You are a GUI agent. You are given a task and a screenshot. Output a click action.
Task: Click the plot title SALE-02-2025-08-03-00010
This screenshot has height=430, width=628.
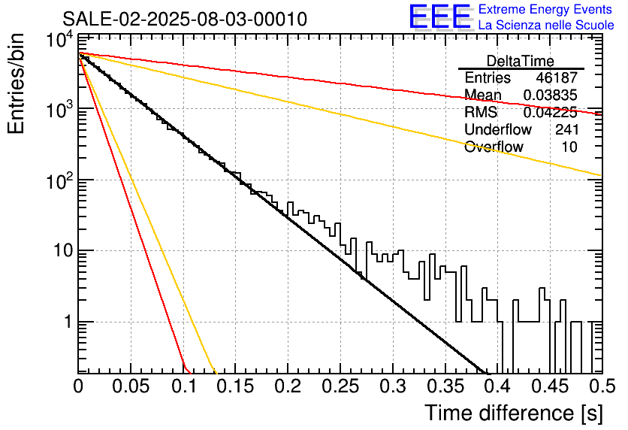185,19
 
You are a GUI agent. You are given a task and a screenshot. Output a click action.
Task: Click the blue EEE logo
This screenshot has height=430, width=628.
440,17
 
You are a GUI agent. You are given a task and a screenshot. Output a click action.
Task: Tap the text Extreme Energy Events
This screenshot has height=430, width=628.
545,9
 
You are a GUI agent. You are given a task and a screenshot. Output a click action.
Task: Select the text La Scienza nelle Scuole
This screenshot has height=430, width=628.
546,25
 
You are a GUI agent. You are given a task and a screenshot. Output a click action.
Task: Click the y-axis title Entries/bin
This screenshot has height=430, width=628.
16,84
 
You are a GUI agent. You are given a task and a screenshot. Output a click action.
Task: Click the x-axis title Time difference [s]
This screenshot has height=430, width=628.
514,413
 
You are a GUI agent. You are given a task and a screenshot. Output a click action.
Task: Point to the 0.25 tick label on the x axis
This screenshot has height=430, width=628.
340,386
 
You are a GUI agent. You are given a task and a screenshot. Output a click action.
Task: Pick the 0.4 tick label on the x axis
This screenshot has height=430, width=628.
499,386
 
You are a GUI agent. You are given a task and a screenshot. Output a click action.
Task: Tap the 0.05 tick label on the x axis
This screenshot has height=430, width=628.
130,386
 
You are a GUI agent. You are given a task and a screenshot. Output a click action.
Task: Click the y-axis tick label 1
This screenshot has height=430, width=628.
68,322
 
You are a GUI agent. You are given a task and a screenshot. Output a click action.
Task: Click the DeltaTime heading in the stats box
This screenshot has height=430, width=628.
521,61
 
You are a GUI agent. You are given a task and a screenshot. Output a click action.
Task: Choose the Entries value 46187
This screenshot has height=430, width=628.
557,77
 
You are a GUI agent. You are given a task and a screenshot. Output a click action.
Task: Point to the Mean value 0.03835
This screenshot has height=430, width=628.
551,95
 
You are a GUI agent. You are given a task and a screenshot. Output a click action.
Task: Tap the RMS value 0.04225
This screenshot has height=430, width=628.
551,112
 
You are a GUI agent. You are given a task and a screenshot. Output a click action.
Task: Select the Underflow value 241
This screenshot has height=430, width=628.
566,129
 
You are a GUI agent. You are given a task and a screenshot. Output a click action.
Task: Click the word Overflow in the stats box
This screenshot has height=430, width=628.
494,147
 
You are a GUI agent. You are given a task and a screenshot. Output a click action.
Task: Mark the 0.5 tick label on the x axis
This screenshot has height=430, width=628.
602,386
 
